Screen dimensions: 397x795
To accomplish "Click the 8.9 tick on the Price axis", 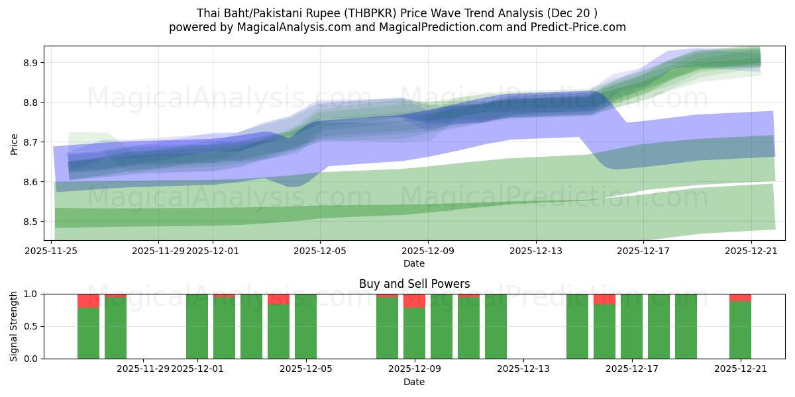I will tap(30, 63).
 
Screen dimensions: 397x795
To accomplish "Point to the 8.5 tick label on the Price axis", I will tap(30, 222).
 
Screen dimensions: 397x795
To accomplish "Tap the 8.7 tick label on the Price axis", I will tap(30, 142).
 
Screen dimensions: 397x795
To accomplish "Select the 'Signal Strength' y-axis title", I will tap(14, 326).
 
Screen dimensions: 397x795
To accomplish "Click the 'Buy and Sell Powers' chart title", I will tap(414, 284).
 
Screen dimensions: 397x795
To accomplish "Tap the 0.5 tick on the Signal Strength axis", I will tap(30, 326).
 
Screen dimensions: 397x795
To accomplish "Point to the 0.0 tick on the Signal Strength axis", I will tap(30, 359).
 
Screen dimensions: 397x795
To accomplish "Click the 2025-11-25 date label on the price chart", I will tap(51, 251).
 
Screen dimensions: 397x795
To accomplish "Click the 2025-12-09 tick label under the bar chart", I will tap(415, 369).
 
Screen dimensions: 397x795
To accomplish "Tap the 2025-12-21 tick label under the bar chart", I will tap(740, 369).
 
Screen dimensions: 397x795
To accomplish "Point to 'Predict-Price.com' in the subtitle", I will tap(578, 27).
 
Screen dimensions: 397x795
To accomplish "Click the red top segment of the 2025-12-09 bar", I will tap(414, 301).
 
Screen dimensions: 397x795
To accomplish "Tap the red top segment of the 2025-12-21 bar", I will tap(740, 298).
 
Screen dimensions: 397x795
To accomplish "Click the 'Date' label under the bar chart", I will tap(414, 382).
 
